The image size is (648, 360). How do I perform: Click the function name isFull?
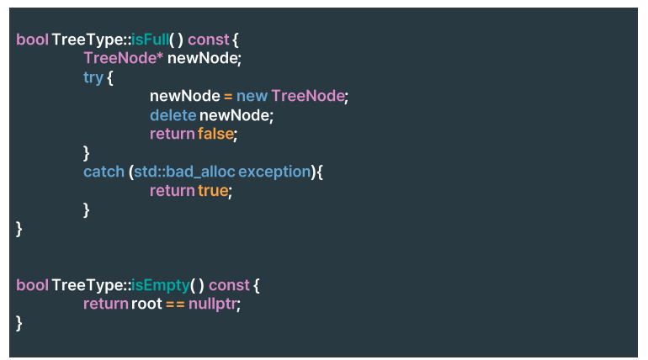coord(149,40)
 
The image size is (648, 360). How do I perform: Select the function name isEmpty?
coord(160,285)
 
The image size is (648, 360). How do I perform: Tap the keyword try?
coord(93,77)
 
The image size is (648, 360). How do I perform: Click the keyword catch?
coord(103,172)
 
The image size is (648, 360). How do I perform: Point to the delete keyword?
coord(173,115)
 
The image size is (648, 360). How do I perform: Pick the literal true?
coord(213,191)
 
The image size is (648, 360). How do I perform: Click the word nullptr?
coord(212,304)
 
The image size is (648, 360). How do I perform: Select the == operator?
coord(174,304)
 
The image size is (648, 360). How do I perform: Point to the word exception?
coord(274,172)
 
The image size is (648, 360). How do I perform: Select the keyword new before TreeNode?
coord(252,96)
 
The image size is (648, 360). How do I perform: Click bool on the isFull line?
coord(32,40)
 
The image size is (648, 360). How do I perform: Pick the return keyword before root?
coord(105,304)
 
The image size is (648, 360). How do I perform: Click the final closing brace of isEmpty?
coord(19,323)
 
